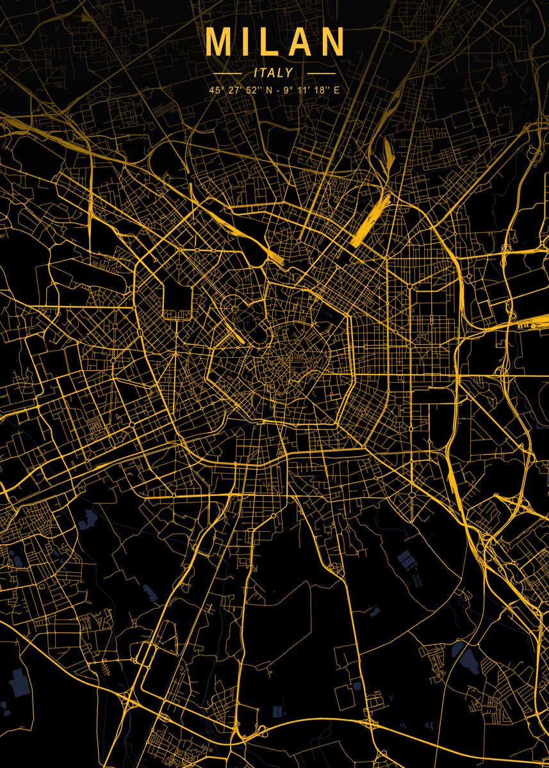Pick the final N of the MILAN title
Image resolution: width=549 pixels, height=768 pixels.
[x=331, y=42]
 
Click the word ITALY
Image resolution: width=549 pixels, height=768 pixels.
[x=273, y=73]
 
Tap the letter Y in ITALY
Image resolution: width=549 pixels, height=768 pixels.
[x=289, y=73]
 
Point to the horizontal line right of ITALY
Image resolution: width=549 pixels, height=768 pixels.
[x=320, y=74]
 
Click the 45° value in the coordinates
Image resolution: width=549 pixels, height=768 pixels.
[x=214, y=90]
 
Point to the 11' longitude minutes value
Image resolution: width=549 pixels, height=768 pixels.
[x=304, y=90]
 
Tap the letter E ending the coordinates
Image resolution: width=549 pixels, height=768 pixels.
[x=336, y=90]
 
